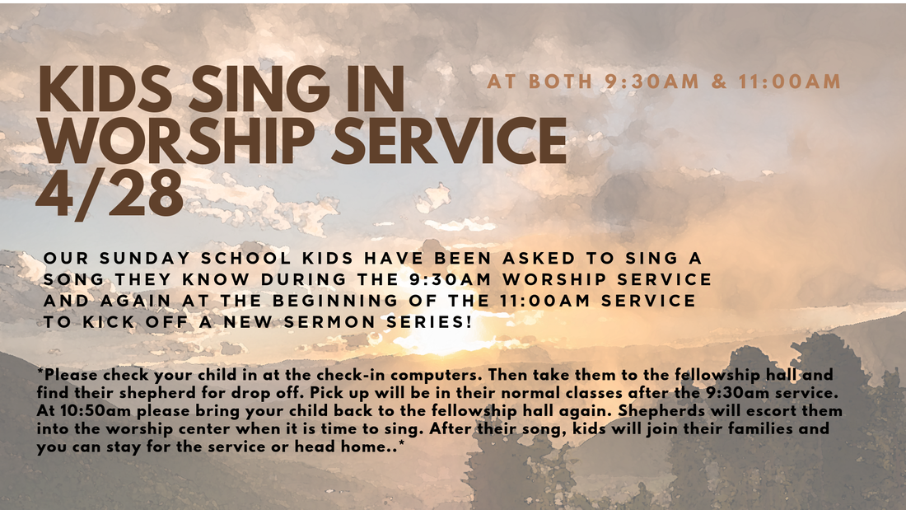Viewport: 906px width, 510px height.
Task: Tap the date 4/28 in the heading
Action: pos(110,194)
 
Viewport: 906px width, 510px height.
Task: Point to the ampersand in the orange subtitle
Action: pos(719,82)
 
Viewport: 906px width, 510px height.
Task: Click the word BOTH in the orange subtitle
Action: pos(560,82)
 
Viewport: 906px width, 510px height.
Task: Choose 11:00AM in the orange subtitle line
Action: pos(789,82)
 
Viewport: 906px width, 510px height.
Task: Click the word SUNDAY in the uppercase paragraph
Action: pos(144,258)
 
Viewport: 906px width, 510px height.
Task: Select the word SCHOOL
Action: pos(246,258)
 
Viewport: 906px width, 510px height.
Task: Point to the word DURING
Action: pos(303,279)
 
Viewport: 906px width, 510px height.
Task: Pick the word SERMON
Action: pos(329,322)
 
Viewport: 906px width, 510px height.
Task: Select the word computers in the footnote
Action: pos(440,375)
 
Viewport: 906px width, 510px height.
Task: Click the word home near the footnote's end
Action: pos(364,447)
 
